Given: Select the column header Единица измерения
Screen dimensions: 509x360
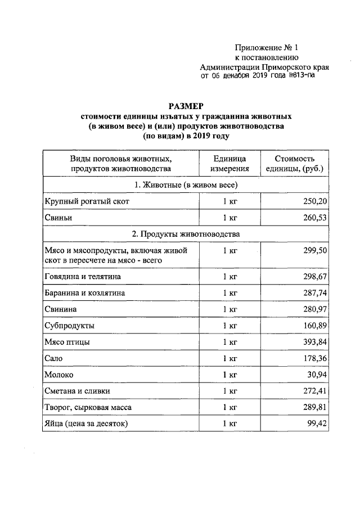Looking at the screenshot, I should click(228, 164).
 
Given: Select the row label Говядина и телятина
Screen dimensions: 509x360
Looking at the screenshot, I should click(82, 277).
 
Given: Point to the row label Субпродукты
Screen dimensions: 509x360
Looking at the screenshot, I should click(69, 326).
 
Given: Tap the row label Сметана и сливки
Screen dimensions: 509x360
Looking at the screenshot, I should click(76, 391).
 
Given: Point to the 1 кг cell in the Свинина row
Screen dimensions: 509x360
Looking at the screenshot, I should click(228, 309).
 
